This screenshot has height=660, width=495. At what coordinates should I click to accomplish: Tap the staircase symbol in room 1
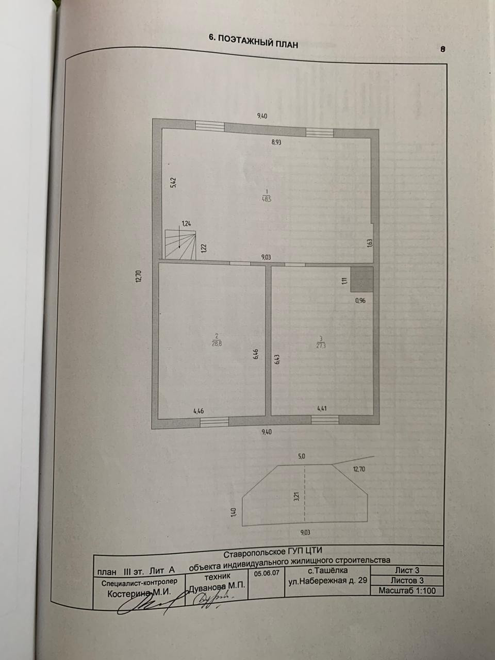tap(180, 244)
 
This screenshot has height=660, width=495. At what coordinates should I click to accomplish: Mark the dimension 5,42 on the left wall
tap(173, 183)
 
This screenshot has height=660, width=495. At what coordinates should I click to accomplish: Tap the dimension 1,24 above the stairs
tap(186, 224)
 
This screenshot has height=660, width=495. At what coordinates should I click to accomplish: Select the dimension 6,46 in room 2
tap(256, 355)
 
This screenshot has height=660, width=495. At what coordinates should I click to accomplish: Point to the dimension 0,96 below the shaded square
tap(360, 301)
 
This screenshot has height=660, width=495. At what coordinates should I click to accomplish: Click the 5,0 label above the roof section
tap(302, 456)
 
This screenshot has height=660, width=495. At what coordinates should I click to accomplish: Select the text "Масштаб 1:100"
tap(407, 591)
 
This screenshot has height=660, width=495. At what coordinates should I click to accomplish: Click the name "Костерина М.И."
tap(138, 593)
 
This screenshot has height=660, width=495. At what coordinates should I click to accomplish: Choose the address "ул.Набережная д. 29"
tap(327, 581)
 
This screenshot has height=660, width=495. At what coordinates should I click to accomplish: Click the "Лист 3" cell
tap(407, 570)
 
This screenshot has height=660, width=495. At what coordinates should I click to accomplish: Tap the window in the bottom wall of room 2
tap(214, 421)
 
